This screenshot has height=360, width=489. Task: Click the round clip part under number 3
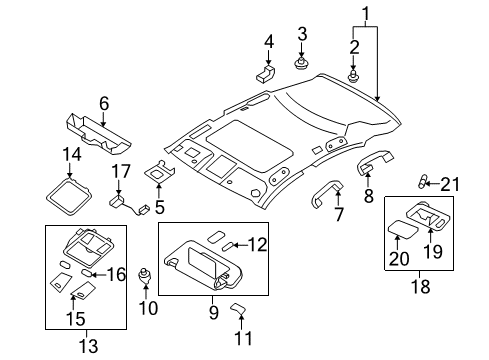(x=301, y=65)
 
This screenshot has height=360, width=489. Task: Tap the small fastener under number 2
(x=353, y=75)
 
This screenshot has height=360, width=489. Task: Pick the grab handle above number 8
(x=375, y=158)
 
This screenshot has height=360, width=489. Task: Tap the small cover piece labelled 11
(x=239, y=308)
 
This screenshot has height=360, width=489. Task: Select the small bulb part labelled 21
(x=425, y=181)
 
